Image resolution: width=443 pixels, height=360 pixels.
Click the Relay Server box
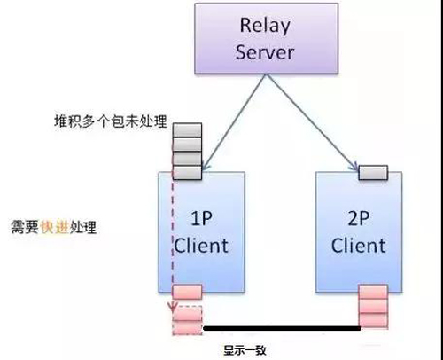pyautogui.click(x=266, y=38)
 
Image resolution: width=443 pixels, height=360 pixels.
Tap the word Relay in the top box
pyautogui.click(x=265, y=26)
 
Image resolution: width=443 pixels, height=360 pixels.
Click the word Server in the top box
pyautogui.click(x=265, y=52)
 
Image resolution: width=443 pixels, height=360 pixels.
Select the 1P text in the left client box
pyautogui.click(x=202, y=218)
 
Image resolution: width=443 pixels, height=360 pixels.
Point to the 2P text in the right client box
pyautogui.click(x=359, y=218)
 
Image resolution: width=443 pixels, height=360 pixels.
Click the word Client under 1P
pyautogui.click(x=201, y=245)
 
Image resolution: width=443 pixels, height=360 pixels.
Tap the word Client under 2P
pyautogui.click(x=359, y=245)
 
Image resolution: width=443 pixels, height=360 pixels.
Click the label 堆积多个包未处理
pyautogui.click(x=111, y=121)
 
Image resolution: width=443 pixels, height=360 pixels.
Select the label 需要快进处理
pyautogui.click(x=54, y=227)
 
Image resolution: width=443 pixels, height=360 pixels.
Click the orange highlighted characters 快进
pyautogui.click(x=54, y=227)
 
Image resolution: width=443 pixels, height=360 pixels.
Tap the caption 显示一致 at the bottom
pyautogui.click(x=245, y=350)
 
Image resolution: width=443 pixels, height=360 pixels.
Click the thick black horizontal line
pyautogui.click(x=282, y=328)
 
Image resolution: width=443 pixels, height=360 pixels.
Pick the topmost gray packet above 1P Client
pyautogui.click(x=187, y=130)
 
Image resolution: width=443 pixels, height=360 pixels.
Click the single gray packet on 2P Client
pyautogui.click(x=373, y=173)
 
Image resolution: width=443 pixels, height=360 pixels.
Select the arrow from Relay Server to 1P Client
pyautogui.click(x=235, y=122)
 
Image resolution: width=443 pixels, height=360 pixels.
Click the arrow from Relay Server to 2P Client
pyautogui.click(x=312, y=122)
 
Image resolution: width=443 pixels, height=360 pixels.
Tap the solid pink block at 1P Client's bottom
pyautogui.click(x=187, y=292)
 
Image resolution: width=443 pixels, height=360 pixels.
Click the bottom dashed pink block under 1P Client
pyautogui.click(x=187, y=328)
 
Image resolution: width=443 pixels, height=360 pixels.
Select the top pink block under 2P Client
pyautogui.click(x=373, y=292)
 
